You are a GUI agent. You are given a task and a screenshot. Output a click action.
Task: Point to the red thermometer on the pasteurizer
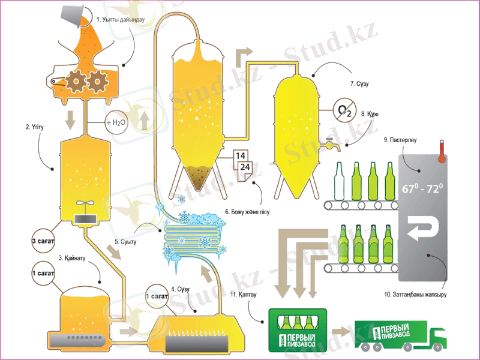coord(440,151)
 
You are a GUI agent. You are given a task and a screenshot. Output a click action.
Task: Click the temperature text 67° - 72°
coord(422,190)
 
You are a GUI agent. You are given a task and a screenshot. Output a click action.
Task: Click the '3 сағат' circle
coord(43,242)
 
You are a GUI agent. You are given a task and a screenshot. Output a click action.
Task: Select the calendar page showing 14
coord(241,157)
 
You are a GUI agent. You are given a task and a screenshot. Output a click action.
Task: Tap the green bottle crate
coord(296,331)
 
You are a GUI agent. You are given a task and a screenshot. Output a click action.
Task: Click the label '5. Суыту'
coord(127,242)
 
